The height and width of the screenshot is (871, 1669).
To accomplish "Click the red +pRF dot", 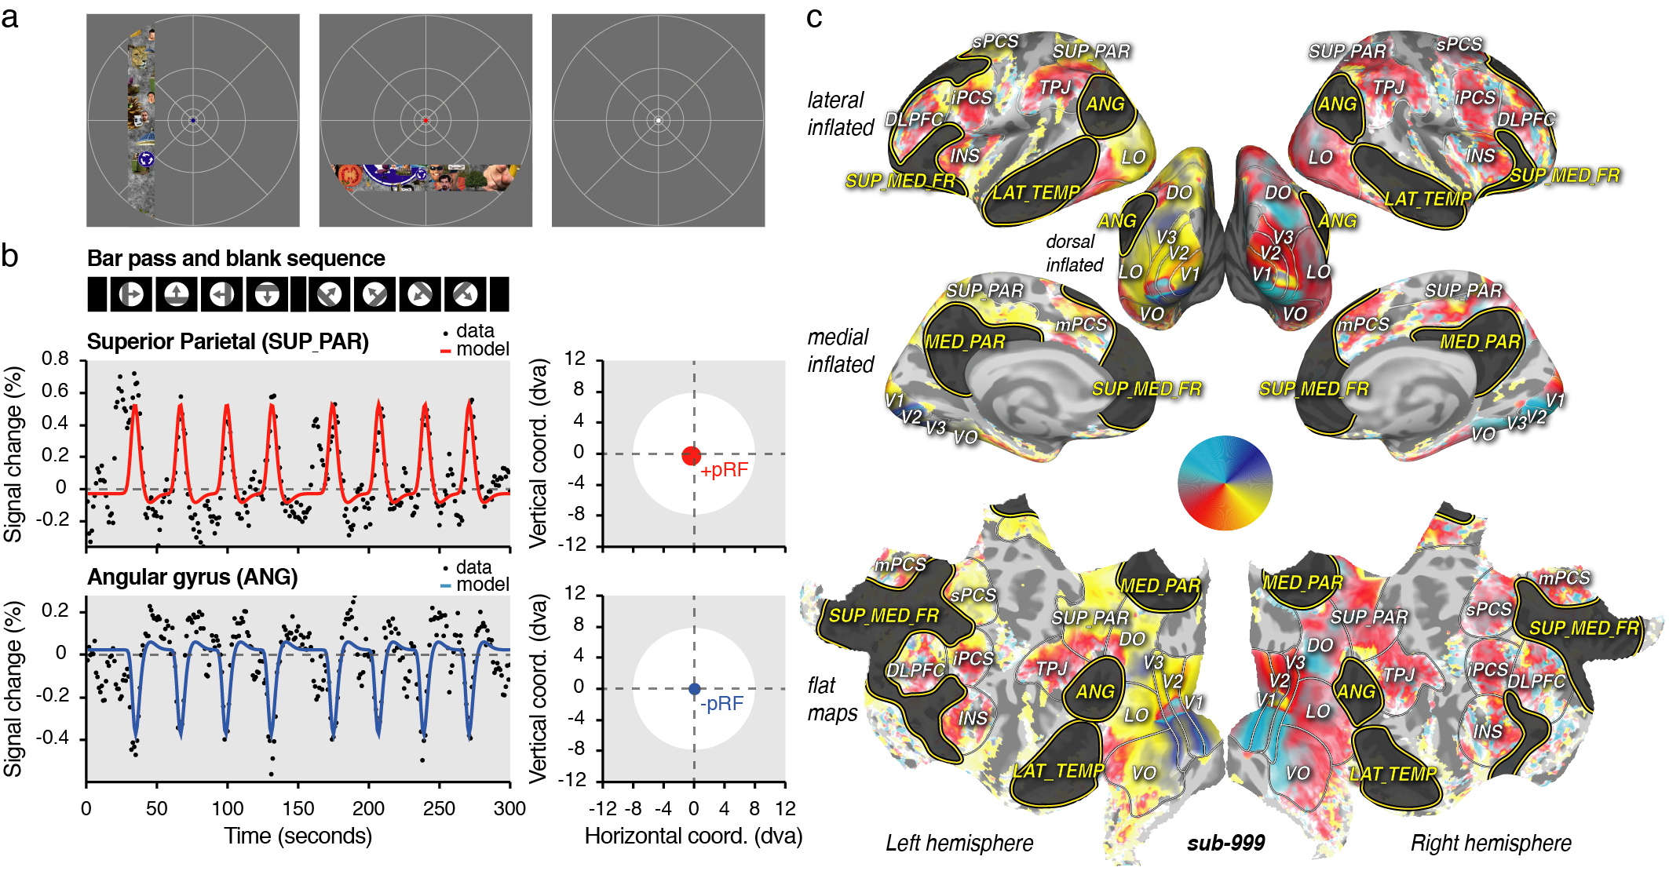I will (691, 455).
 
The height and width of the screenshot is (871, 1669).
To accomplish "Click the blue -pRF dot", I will (694, 689).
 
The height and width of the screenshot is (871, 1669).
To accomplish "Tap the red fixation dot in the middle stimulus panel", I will (425, 120).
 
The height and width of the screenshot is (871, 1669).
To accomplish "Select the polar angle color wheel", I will (1225, 483).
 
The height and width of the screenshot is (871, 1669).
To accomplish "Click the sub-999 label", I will (1225, 843).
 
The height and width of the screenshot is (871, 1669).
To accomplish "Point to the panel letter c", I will (814, 17).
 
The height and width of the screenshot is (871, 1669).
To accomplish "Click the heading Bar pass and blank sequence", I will (236, 258).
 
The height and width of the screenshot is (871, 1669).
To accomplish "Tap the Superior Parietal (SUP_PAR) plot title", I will (228, 341).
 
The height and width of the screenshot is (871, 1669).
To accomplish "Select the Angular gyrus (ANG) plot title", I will (192, 577).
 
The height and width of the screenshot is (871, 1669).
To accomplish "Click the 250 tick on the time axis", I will (439, 808).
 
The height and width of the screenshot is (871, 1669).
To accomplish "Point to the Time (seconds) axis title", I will (298, 836).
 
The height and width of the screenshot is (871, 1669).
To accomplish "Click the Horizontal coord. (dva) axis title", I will (693, 836).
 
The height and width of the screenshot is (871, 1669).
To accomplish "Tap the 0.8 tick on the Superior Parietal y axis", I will (55, 359).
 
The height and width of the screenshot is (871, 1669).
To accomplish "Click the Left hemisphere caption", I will (959, 843).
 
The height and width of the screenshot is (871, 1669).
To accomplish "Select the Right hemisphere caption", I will (1491, 843).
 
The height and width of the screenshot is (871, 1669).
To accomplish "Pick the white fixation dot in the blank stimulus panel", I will (658, 120).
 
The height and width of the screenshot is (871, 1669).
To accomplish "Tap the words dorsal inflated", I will (1074, 253).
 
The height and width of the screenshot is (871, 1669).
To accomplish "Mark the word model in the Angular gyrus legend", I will (483, 585).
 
